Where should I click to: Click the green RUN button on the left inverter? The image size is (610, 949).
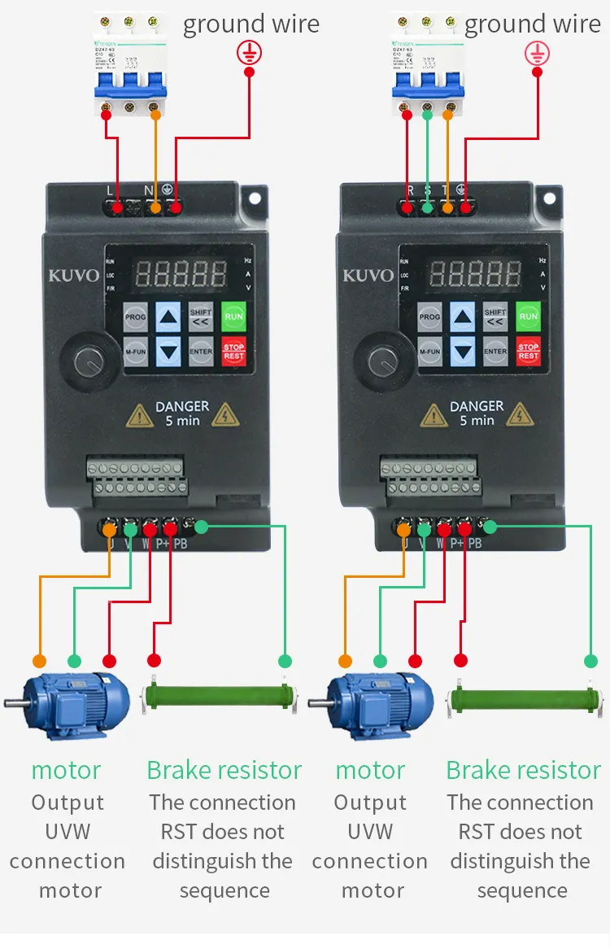point(233,317)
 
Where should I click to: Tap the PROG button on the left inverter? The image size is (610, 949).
point(136,317)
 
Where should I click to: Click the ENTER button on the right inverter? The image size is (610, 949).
point(495,352)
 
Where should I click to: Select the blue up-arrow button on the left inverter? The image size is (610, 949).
point(168,317)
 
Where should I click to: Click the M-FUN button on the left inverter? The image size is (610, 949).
point(136,352)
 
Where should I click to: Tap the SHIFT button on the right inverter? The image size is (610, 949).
point(495,317)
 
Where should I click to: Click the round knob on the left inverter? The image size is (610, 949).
point(87,358)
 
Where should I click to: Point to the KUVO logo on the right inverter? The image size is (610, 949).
point(368,275)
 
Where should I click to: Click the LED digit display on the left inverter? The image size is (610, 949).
point(181,273)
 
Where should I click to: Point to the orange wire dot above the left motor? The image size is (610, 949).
point(39,660)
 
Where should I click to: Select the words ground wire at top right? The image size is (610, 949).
point(533,24)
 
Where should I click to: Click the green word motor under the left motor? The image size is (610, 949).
point(67,770)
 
